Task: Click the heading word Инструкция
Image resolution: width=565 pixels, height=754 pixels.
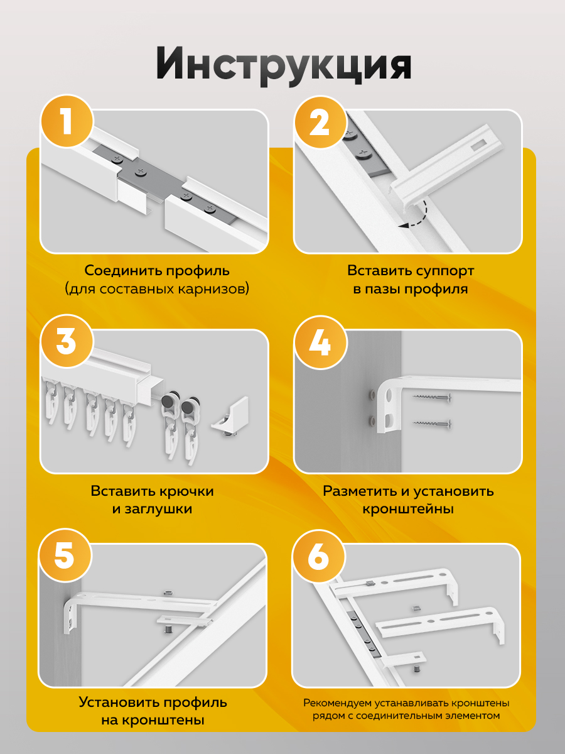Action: tap(283, 66)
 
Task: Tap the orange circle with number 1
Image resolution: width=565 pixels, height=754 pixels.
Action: tap(67, 121)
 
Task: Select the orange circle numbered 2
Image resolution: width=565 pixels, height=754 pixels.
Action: tap(320, 121)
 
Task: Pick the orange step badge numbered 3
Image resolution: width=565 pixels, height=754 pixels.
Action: tap(67, 341)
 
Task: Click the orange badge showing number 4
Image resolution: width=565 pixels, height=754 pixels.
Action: tap(320, 342)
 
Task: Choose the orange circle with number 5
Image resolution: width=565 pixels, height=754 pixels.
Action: tap(65, 555)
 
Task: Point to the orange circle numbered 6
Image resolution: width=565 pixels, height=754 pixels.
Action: tap(318, 557)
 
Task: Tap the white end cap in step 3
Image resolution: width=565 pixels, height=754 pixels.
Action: tap(230, 416)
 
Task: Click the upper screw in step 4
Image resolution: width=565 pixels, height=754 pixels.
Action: tap(431, 398)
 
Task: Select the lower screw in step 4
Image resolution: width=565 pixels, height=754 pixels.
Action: tap(431, 424)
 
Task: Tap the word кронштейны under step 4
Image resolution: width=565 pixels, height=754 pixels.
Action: tap(408, 509)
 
